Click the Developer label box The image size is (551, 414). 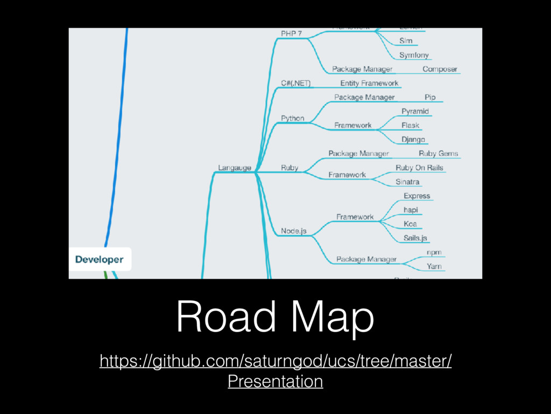(x=99, y=259)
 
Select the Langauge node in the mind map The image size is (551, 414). (x=234, y=168)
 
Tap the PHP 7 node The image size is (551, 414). (x=291, y=33)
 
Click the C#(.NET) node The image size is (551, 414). (x=295, y=84)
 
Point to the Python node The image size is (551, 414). (x=292, y=118)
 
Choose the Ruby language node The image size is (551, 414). (x=289, y=168)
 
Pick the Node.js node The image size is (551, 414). (x=293, y=231)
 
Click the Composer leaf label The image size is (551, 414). (x=440, y=69)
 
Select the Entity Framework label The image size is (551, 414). (x=369, y=83)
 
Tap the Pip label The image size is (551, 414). (x=430, y=97)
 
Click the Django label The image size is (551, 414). (x=413, y=140)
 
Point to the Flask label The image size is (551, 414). (x=410, y=126)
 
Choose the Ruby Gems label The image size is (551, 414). (x=438, y=154)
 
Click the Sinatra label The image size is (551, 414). (x=407, y=182)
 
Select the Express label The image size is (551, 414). (x=416, y=196)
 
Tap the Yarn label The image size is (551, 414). (x=434, y=266)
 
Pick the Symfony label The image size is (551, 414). (x=414, y=55)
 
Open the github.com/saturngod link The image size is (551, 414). (x=275, y=361)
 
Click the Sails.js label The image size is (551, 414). (x=415, y=238)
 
